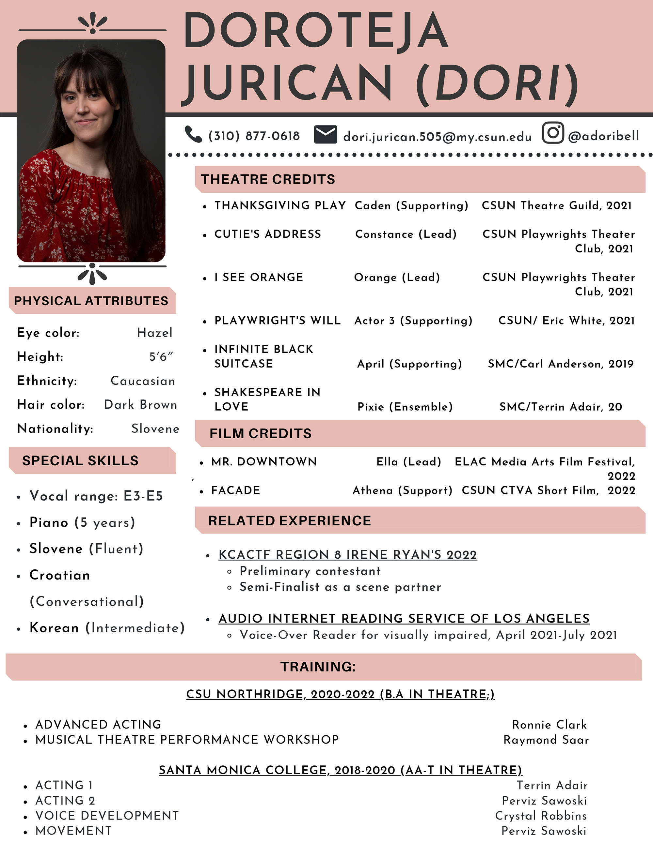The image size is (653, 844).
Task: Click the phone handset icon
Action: (x=193, y=134)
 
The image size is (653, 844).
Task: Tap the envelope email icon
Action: (x=325, y=134)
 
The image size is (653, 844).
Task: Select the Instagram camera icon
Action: (x=553, y=133)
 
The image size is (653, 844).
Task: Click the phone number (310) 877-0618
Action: (x=254, y=136)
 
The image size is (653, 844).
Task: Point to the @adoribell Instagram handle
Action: (x=603, y=136)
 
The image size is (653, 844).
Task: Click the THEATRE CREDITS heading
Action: (x=268, y=179)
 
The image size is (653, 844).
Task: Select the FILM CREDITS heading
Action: (x=260, y=434)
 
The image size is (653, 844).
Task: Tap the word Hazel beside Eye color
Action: (x=155, y=333)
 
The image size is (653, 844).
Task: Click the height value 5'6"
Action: (x=161, y=356)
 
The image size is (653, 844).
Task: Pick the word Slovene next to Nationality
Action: (x=155, y=429)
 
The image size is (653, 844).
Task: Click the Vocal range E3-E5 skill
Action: (x=96, y=496)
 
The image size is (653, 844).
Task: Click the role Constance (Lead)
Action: (x=406, y=234)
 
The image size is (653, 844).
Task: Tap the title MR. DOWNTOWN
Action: (x=264, y=462)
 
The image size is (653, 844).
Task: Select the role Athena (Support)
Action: (x=402, y=490)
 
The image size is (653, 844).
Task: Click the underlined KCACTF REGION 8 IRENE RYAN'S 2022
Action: (x=347, y=554)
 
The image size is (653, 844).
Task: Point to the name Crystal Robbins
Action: (x=541, y=816)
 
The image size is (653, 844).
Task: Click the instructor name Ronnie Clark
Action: (x=549, y=725)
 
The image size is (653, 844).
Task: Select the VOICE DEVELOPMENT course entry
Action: (x=107, y=816)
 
